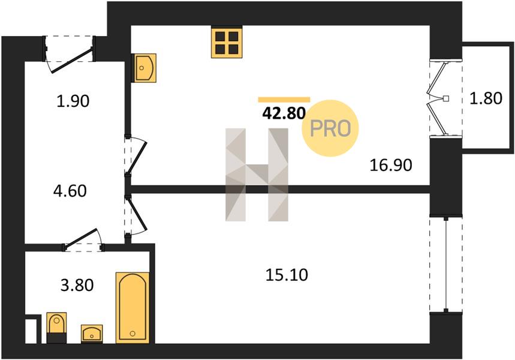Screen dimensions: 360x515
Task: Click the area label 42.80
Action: tap(284, 113)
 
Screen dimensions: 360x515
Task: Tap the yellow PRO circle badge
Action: tap(330, 128)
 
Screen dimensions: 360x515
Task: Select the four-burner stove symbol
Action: tap(227, 42)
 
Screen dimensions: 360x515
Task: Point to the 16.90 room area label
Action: tap(390, 164)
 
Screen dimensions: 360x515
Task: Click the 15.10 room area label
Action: tap(286, 275)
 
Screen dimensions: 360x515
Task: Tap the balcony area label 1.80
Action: tap(484, 98)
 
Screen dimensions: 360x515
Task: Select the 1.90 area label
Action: tap(73, 101)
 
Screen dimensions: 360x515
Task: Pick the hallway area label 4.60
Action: tap(70, 191)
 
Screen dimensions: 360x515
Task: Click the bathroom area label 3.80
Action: tap(77, 284)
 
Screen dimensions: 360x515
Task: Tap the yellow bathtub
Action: tap(132, 307)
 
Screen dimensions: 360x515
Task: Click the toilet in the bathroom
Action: tap(56, 328)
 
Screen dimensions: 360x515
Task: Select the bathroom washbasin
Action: tap(91, 334)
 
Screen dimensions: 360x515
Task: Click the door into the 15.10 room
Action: tap(136, 214)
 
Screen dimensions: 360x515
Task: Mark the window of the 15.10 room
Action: tap(447, 265)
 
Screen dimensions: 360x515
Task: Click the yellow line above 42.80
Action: tap(284, 100)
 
